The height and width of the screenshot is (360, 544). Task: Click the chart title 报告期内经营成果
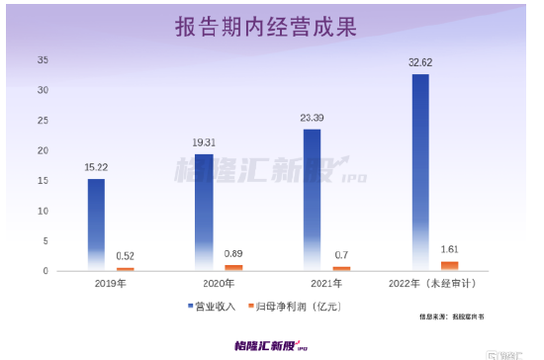[x=271, y=28]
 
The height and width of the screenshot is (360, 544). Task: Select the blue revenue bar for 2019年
[x=96, y=224]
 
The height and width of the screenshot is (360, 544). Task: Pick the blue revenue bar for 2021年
[x=312, y=199]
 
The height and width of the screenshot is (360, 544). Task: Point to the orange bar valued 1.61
[x=450, y=266]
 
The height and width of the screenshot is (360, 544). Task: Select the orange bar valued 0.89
[x=233, y=268]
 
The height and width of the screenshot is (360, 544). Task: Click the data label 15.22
[x=96, y=167]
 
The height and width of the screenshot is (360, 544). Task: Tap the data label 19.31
[x=204, y=142]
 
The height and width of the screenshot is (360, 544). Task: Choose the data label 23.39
[x=313, y=118]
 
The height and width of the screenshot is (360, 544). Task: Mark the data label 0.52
[x=126, y=257]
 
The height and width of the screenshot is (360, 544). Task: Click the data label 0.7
[x=341, y=256]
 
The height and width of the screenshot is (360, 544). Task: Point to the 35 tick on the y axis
[x=42, y=60]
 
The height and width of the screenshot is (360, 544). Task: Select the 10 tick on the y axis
[x=42, y=211]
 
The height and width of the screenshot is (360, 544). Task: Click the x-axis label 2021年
[x=326, y=284]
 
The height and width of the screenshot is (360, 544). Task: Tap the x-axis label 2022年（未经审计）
[x=435, y=284]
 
